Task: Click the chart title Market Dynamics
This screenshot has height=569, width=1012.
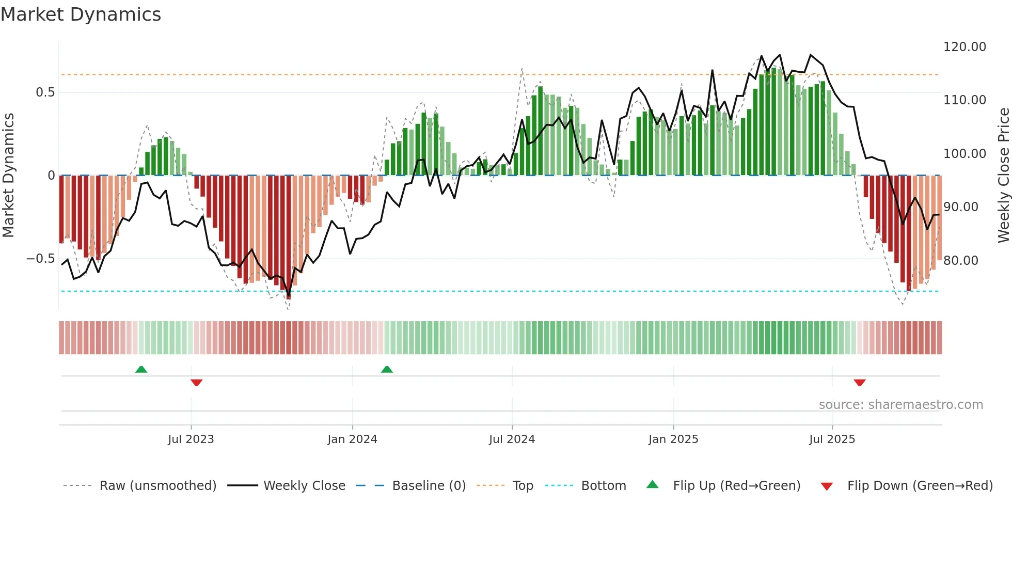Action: click(81, 14)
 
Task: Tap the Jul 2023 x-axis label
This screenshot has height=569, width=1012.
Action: click(191, 439)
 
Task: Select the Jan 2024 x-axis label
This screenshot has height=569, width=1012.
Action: click(352, 439)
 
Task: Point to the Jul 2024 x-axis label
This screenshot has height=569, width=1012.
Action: click(512, 439)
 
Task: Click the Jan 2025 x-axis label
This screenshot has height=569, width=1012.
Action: click(673, 439)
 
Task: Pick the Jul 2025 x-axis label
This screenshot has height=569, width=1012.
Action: click(832, 439)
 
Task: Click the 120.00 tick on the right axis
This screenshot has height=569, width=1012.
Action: click(964, 47)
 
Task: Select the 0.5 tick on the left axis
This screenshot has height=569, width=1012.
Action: click(45, 92)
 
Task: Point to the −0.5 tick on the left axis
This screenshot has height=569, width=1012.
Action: click(40, 259)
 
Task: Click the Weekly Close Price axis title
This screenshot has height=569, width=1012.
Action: click(1003, 176)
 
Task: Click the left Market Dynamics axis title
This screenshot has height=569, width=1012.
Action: click(8, 176)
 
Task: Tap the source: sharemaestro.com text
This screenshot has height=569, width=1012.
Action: click(900, 405)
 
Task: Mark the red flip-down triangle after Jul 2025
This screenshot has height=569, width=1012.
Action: click(859, 383)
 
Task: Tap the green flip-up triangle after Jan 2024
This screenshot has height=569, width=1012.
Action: click(387, 369)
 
